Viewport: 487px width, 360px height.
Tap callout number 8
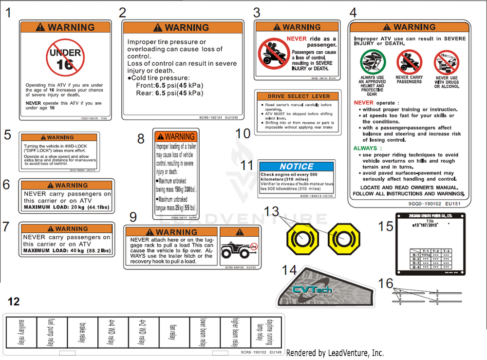141,139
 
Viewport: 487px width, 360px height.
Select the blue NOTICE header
297,167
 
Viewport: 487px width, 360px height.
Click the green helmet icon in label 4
373,62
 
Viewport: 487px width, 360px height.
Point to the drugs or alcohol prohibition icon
447,62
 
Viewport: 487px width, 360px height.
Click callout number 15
386,226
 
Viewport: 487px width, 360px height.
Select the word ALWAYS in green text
365,148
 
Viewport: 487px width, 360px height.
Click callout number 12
14,302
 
